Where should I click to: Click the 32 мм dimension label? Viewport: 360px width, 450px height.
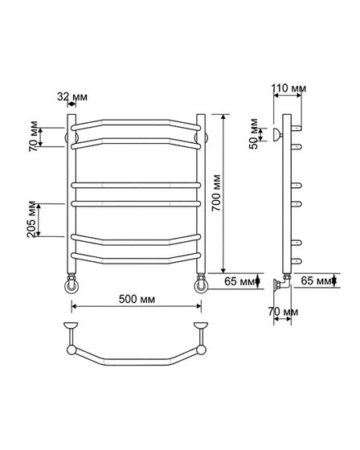(x=72, y=96)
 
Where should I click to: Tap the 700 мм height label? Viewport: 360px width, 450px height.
(x=216, y=193)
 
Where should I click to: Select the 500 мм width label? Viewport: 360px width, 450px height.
(x=137, y=299)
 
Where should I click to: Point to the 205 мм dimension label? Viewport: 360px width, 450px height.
(x=31, y=219)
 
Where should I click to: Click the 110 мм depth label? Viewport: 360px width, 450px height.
(x=288, y=88)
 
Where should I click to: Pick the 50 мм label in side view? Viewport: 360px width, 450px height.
(x=254, y=133)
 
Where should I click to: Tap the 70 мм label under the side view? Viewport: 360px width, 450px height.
(x=283, y=312)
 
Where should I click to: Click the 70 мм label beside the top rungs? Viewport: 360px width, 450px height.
(x=33, y=137)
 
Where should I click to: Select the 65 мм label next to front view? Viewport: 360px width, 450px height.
(x=239, y=281)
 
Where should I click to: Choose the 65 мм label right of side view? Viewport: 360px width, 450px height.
(x=316, y=280)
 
